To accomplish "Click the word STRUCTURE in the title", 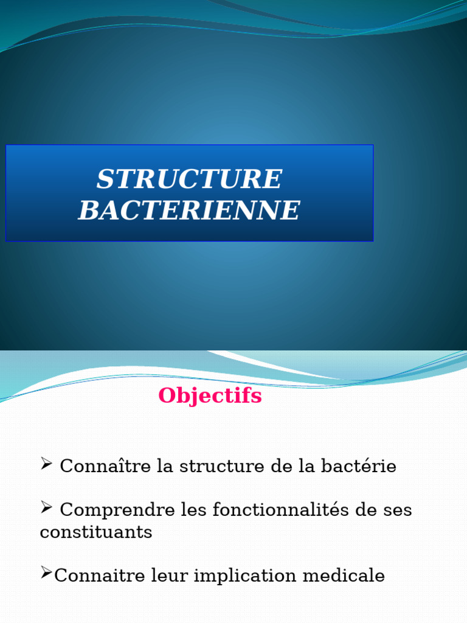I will click(189, 179).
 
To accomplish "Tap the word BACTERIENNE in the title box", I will click(189, 211).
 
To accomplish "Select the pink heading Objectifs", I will click(210, 396).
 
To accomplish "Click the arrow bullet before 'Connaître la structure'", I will click(47, 465).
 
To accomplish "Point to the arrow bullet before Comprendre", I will click(47, 507).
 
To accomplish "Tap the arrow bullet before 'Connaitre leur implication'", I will click(46, 573).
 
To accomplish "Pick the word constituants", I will click(95, 532).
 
